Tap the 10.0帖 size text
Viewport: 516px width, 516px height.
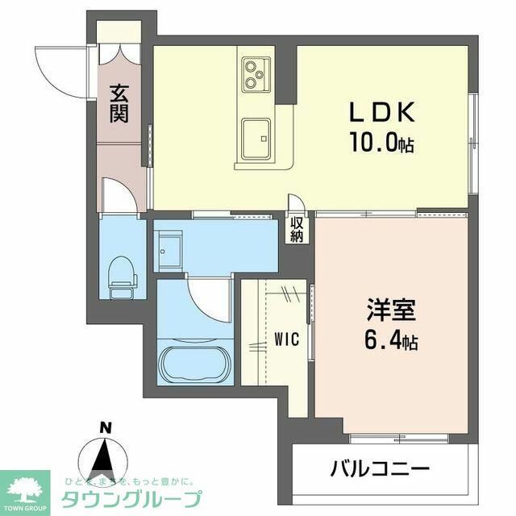pos(381,144)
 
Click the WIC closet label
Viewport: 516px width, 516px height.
pos(286,339)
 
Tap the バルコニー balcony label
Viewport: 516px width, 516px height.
pos(379,468)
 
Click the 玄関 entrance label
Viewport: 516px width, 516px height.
pos(119,103)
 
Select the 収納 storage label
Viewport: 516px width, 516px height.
pos(298,230)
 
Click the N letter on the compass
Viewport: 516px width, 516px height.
pos(104,427)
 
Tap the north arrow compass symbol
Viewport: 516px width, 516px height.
pos(104,458)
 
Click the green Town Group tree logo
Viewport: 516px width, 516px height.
pos(24,487)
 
